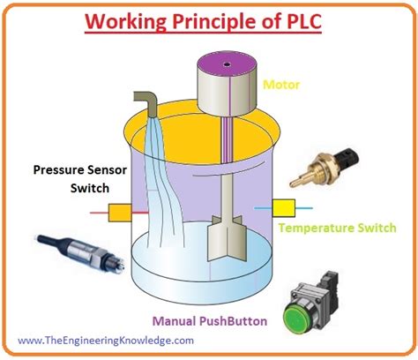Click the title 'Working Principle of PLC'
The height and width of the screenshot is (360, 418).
tap(208, 19)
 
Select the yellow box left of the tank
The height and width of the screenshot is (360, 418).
tap(119, 213)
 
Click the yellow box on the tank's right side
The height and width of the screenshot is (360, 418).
tap(284, 207)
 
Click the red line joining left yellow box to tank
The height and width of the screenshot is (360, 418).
tap(138, 213)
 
